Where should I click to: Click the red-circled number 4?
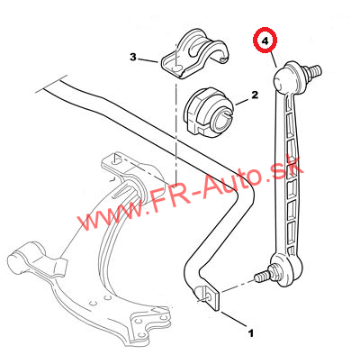click(x=265, y=41)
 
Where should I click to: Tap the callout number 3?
click(x=133, y=57)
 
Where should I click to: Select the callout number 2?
click(x=255, y=96)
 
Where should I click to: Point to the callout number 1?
click(x=250, y=333)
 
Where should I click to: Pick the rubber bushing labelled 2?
click(x=209, y=114)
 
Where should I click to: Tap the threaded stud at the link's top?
click(x=312, y=72)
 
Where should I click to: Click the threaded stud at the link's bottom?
click(x=263, y=274)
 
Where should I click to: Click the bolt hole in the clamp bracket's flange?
click(x=176, y=68)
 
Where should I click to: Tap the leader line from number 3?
click(x=148, y=60)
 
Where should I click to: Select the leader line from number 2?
click(x=242, y=102)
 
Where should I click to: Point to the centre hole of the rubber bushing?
click(x=223, y=120)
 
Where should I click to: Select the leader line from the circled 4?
click(x=273, y=59)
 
